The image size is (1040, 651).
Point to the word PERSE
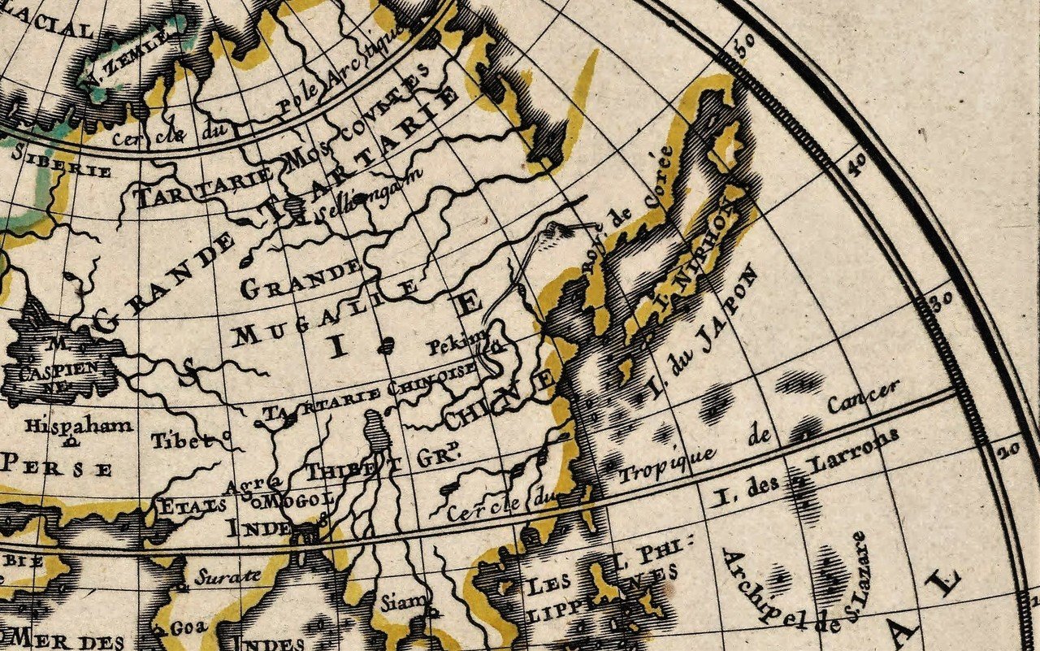(x=57, y=467)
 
